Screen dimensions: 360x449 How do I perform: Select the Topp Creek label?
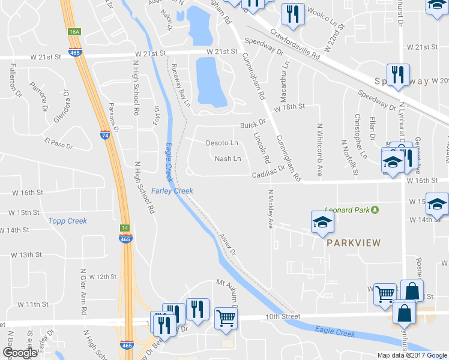[x=68, y=221]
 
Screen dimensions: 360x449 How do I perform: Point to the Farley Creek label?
[x=172, y=191]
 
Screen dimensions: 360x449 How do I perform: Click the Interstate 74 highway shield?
[x=104, y=136]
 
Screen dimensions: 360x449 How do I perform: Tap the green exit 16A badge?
[x=74, y=31]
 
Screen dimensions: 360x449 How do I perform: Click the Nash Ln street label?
[x=228, y=159]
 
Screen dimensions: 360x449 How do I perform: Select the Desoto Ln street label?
[x=222, y=143]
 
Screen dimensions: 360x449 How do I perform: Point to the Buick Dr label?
[x=253, y=125]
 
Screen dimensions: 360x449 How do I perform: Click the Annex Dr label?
[x=229, y=244]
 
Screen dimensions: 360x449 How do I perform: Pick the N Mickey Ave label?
[x=270, y=209]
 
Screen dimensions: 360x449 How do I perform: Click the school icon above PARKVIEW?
[x=322, y=223]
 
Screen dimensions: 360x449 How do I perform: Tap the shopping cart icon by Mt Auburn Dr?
[x=226, y=318]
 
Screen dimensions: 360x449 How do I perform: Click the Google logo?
[x=19, y=353]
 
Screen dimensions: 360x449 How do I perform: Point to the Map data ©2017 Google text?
[x=412, y=355]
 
